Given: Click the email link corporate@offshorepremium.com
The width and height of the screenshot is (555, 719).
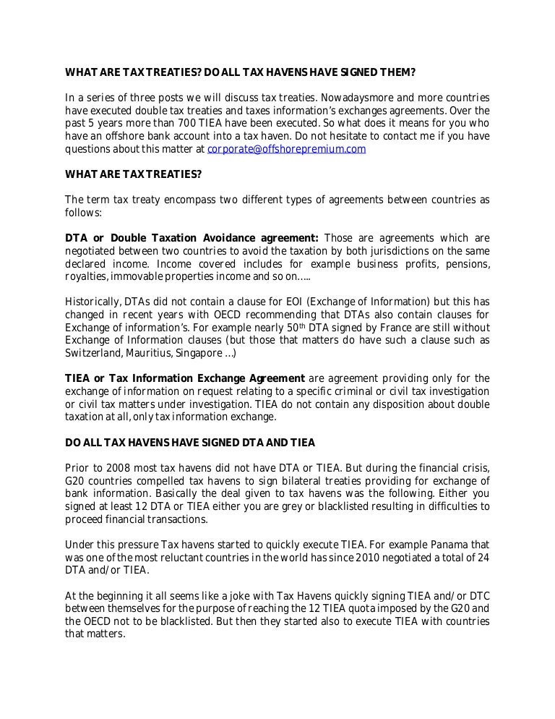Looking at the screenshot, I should point(286,150).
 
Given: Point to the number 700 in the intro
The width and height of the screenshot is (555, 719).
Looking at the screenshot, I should point(194,124).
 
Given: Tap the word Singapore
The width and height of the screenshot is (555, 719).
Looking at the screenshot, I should point(202,354).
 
